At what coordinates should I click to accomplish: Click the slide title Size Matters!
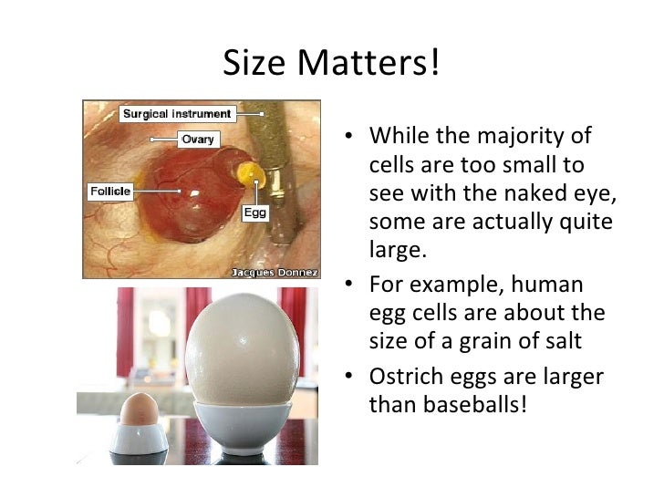click(x=331, y=63)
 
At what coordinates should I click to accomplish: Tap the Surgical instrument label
click(x=178, y=114)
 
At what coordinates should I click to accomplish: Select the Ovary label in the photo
click(x=197, y=140)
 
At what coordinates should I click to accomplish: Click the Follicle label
click(x=110, y=192)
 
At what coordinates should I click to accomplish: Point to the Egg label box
click(x=254, y=213)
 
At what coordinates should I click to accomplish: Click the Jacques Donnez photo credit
click(x=274, y=272)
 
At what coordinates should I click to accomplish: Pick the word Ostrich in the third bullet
click(x=401, y=377)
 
